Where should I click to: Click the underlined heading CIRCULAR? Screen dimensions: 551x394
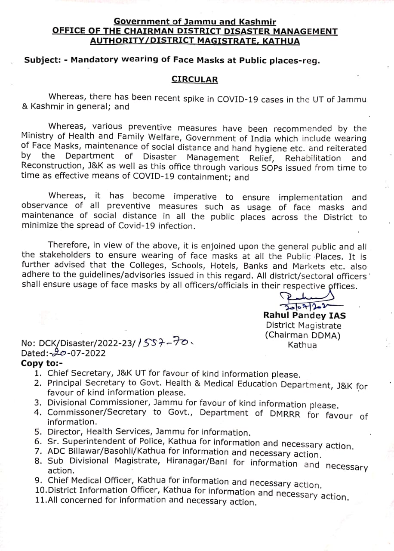[x=194, y=79]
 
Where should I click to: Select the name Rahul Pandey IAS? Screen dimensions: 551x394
[x=304, y=315]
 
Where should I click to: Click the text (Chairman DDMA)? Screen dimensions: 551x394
[x=302, y=335]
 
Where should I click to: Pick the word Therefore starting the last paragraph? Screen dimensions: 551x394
[x=68, y=245]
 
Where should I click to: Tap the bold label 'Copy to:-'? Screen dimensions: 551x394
[x=41, y=363]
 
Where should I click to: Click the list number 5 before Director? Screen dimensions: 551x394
[x=37, y=432]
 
